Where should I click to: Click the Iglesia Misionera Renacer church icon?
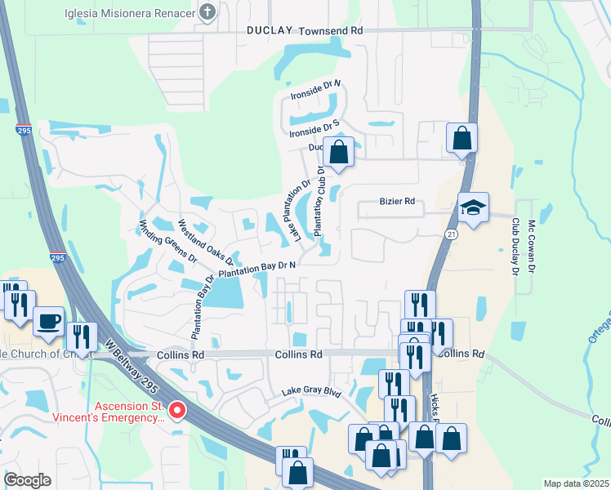[x=208, y=12]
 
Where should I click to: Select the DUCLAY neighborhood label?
[x=270, y=29]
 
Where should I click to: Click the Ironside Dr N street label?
[x=315, y=90]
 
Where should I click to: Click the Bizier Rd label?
[x=398, y=201]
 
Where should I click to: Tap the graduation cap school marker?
[x=473, y=208]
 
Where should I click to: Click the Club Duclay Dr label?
[x=515, y=244]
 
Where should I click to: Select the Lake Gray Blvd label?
[x=310, y=392]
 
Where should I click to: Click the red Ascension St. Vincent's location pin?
[x=177, y=409]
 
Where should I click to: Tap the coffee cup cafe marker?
[x=50, y=320]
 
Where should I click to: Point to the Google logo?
[x=28, y=480]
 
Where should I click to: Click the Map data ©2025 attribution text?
[x=576, y=483]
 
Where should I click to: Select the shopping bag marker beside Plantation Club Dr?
[x=338, y=152]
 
